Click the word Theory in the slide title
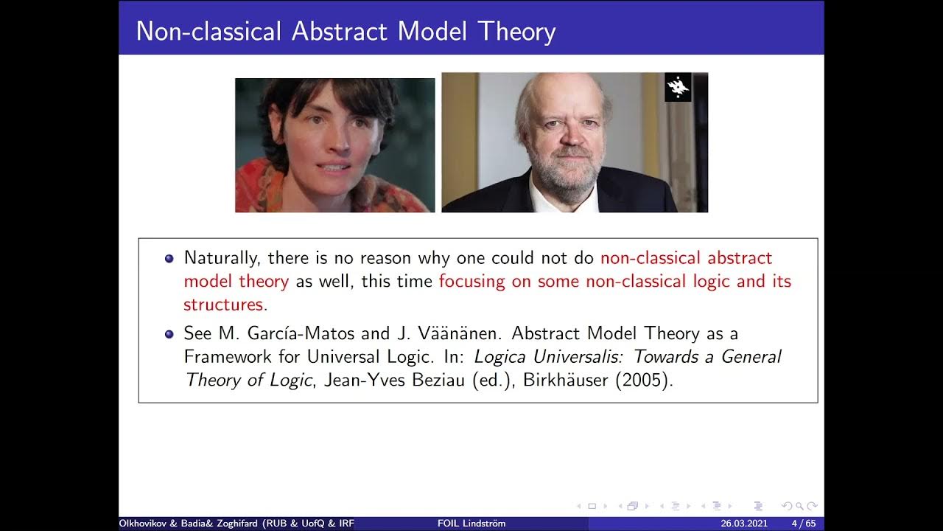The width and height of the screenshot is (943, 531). click(x=516, y=31)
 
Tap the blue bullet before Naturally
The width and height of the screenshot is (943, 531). click(x=169, y=259)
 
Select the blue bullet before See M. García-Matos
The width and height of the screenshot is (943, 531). click(x=169, y=334)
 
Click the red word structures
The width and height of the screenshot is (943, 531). click(x=223, y=305)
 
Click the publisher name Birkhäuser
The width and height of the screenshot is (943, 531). click(x=565, y=381)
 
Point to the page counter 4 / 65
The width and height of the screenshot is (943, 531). click(x=803, y=524)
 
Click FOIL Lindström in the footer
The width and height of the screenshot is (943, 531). click(x=471, y=524)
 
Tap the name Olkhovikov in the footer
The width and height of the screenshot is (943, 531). click(x=147, y=524)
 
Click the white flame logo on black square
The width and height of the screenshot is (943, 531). click(x=678, y=87)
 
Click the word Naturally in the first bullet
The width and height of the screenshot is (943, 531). click(x=222, y=258)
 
